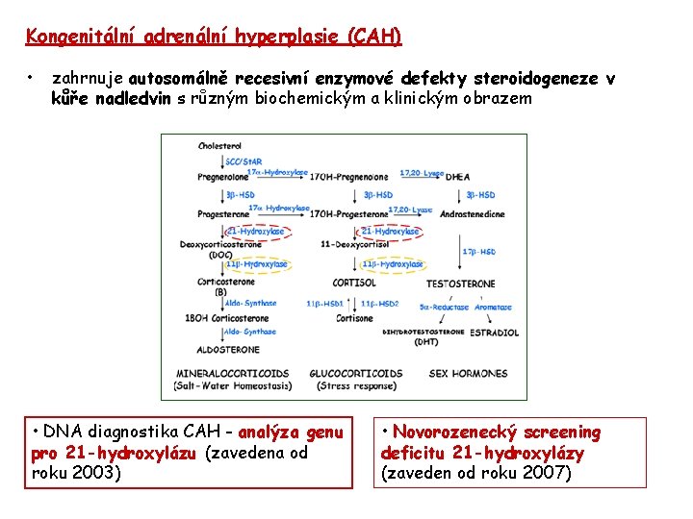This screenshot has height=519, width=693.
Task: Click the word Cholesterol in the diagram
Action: [220, 146]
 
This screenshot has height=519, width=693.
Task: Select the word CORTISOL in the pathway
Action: [354, 284]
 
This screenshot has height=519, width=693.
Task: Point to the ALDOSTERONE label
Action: [227, 350]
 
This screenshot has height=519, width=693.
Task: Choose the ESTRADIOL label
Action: [494, 333]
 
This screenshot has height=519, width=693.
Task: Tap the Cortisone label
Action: [354, 318]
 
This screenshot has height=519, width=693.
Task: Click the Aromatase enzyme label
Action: [493, 308]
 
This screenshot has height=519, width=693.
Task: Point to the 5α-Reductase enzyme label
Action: [445, 308]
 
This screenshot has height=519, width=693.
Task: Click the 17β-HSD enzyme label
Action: [478, 252]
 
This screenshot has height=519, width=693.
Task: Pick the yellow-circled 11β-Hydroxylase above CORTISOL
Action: [392, 264]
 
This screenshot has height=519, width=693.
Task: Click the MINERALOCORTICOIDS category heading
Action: [232, 373]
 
